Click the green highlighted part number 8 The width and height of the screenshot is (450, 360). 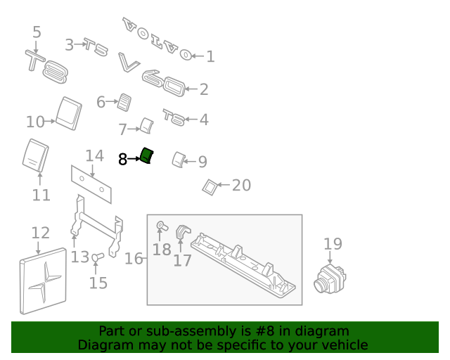tap(147, 156)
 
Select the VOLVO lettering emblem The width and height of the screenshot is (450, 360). tap(156, 39)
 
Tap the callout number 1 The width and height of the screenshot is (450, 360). tap(210, 56)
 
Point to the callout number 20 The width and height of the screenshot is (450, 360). tap(241, 186)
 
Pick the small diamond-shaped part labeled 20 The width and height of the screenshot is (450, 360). tap(209, 186)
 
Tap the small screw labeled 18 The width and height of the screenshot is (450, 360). tap(160, 226)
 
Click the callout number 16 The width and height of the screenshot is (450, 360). tap(134, 259)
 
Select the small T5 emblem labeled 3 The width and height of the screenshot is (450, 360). tap(96, 47)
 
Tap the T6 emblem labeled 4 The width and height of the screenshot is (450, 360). tap(174, 117)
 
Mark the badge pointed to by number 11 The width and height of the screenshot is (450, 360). tap(36, 155)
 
